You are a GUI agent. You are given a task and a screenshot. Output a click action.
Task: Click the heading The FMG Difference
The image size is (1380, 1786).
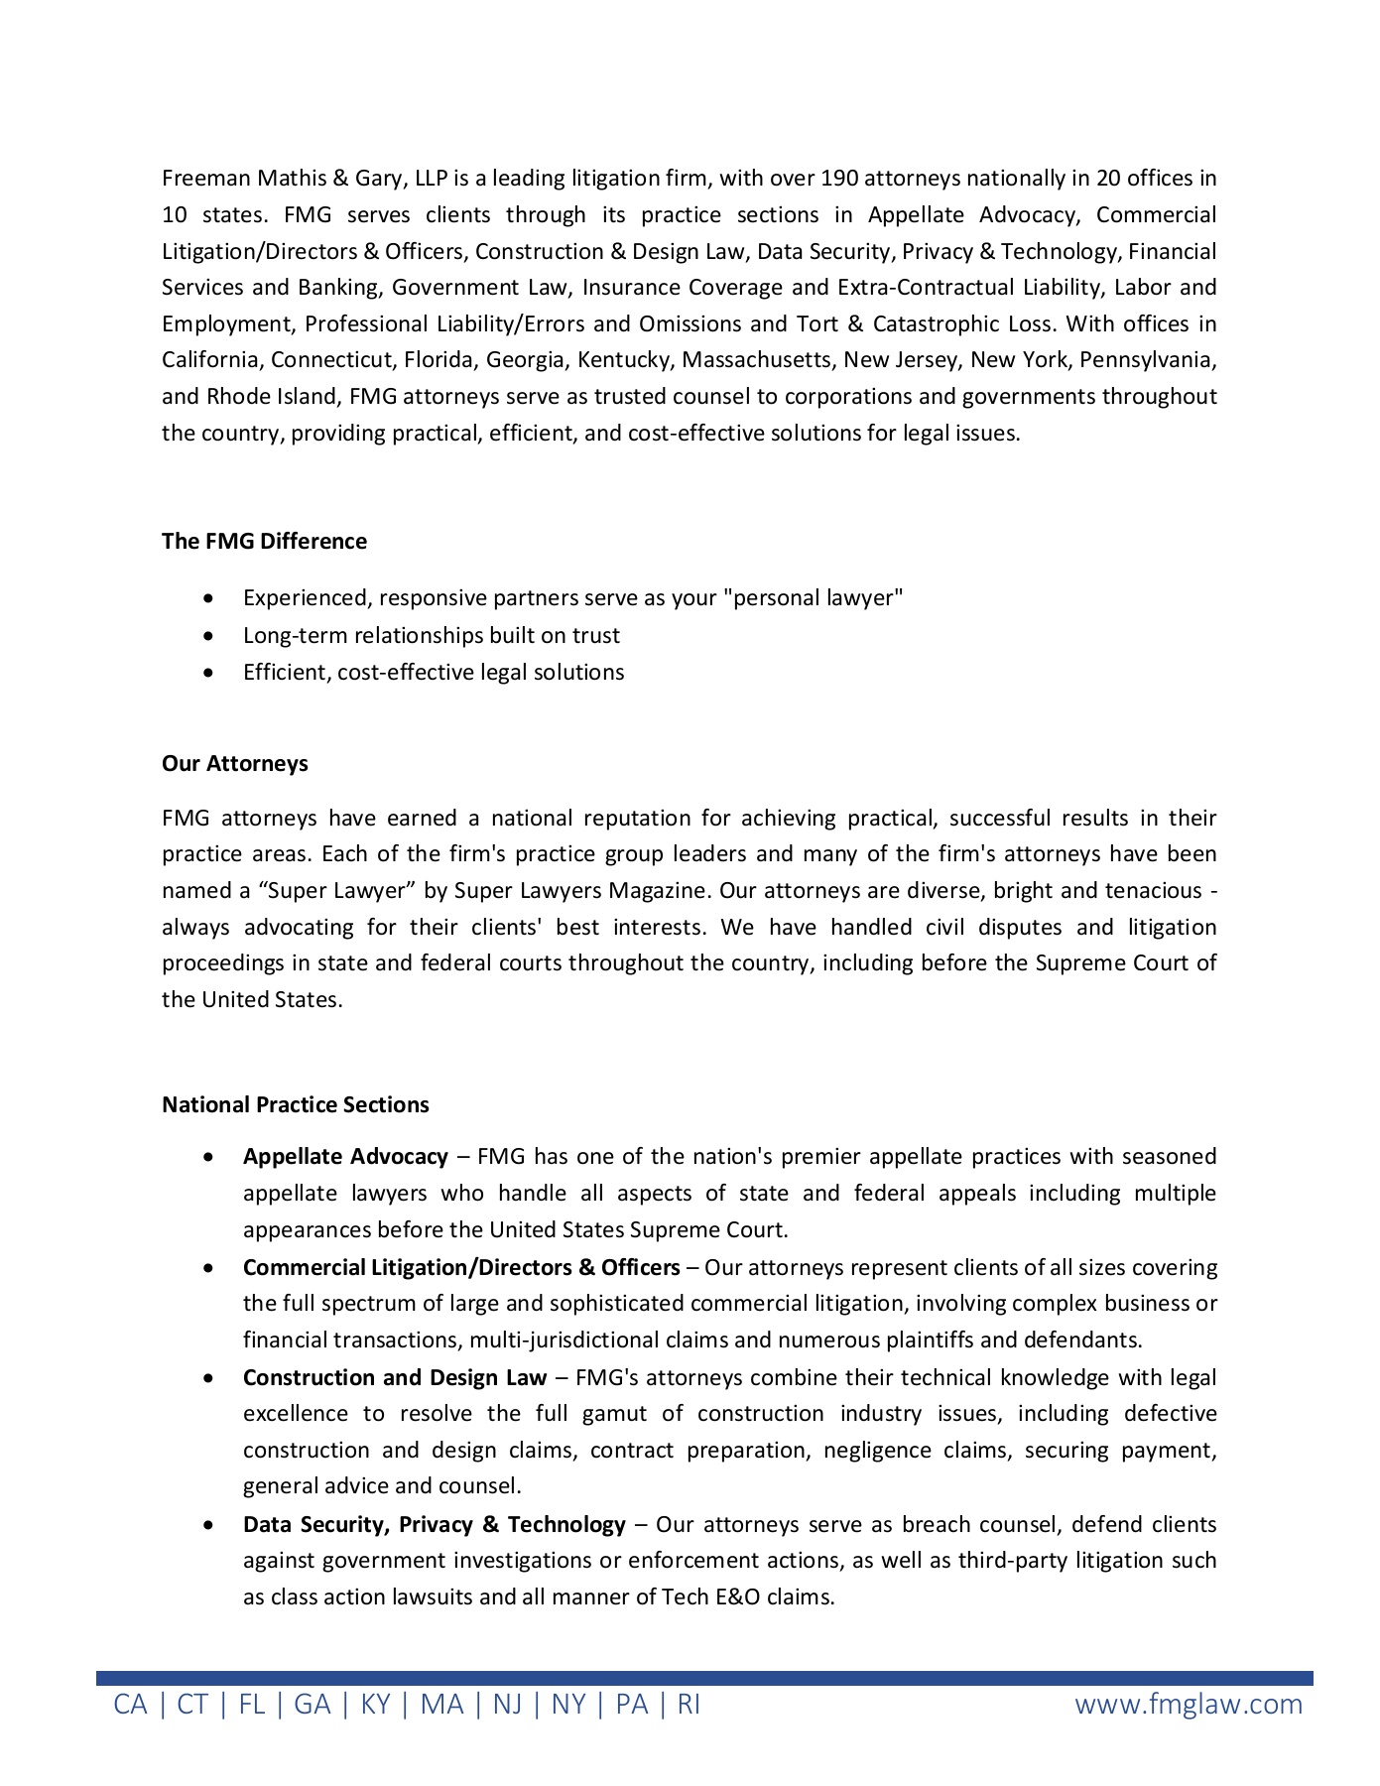tap(264, 541)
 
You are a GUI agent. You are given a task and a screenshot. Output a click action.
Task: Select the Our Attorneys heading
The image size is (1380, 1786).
tap(235, 763)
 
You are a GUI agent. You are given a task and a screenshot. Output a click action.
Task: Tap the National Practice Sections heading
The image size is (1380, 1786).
tap(296, 1104)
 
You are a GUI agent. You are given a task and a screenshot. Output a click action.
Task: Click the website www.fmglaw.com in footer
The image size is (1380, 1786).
tap(1189, 1705)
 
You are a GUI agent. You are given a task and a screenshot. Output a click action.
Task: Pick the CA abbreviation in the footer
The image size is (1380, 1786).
tap(130, 1705)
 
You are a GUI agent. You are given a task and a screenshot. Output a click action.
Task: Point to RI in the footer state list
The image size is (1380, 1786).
tap(689, 1705)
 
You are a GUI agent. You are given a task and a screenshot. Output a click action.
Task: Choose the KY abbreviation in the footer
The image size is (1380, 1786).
tap(375, 1705)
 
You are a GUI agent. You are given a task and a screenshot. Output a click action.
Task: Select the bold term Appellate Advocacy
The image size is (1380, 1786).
tap(345, 1157)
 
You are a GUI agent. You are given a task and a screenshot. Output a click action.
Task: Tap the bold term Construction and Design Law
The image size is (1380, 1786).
tap(395, 1378)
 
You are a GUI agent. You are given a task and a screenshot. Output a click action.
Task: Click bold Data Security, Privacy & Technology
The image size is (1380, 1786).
tap(435, 1525)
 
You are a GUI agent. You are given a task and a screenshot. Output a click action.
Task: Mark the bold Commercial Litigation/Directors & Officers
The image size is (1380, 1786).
tap(461, 1268)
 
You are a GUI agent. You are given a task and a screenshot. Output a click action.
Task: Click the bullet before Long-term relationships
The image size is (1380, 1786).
tap(207, 636)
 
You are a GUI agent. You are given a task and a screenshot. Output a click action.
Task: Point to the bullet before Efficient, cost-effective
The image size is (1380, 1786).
tap(207, 673)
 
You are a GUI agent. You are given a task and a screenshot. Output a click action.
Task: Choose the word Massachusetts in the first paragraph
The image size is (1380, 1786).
tap(757, 360)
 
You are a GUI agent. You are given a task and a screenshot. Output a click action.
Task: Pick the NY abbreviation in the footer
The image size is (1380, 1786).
tap(568, 1705)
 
